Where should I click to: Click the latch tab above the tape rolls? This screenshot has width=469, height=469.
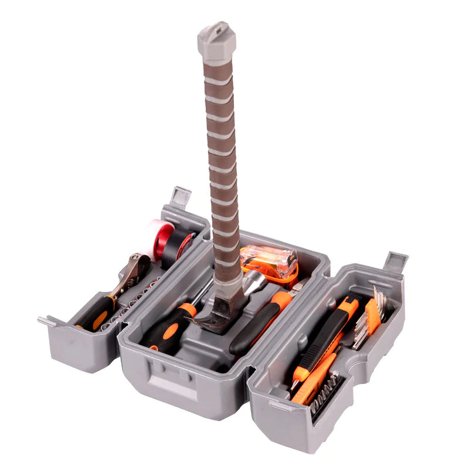point(180,196)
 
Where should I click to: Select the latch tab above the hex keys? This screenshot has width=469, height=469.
point(396,261)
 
